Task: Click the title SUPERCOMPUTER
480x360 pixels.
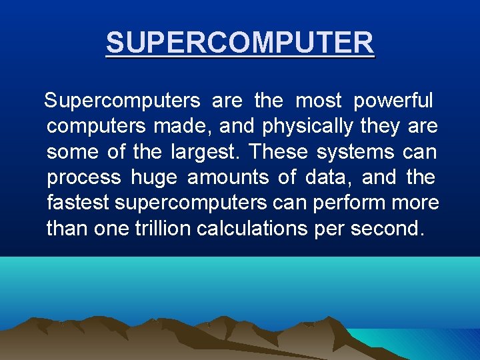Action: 240,43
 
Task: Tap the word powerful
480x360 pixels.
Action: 393,101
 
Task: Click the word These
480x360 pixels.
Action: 279,152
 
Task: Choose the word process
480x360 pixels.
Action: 84,178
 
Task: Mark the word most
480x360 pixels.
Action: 318,101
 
